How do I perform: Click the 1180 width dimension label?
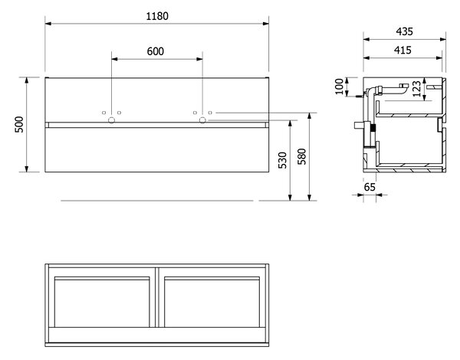click(x=157, y=16)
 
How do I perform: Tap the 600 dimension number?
click(x=155, y=51)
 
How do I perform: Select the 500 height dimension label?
click(x=19, y=125)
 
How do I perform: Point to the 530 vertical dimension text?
click(x=282, y=160)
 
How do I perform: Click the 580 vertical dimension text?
click(x=301, y=156)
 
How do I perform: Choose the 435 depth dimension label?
click(x=404, y=31)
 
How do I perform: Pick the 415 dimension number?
click(x=402, y=50)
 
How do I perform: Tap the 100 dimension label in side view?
click(x=339, y=87)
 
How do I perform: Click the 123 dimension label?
click(x=416, y=89)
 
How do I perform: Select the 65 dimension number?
click(x=370, y=187)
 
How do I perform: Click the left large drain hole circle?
click(x=111, y=120)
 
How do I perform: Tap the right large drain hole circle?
click(x=202, y=120)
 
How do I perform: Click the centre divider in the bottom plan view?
click(x=157, y=297)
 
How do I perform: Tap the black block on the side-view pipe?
click(x=373, y=128)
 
